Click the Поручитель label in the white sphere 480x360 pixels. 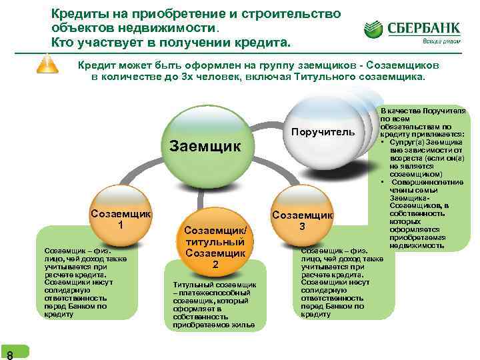click(x=323, y=131)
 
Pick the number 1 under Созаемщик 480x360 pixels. click(x=121, y=225)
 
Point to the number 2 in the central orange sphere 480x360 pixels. click(x=215, y=265)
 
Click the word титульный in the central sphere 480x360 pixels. click(x=215, y=241)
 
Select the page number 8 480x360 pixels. click(x=8, y=353)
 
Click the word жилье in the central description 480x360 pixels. click(x=245, y=325)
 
